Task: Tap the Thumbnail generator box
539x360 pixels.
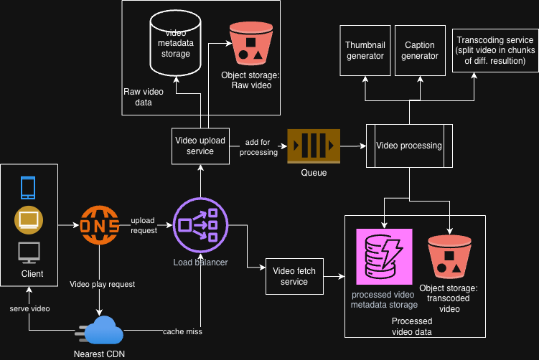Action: point(365,51)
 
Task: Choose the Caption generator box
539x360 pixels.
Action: point(421,51)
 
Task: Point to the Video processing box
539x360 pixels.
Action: point(409,146)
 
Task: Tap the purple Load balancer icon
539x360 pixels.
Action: point(200,225)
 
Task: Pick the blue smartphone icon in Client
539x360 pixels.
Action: point(28,187)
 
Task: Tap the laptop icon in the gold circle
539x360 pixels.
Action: point(29,220)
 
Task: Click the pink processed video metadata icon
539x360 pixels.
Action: point(385,257)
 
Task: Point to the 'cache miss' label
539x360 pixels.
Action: point(183,331)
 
